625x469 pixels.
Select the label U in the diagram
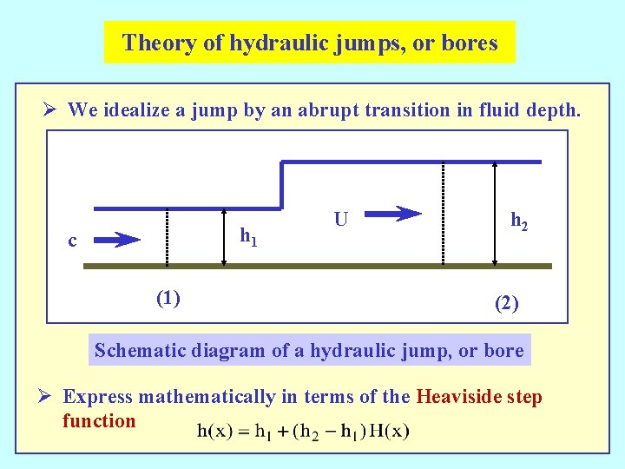tap(341, 221)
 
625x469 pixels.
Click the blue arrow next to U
tap(395, 214)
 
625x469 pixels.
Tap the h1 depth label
tap(248, 235)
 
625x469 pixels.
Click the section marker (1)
tap(168, 299)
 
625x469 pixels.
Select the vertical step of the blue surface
tap(280, 185)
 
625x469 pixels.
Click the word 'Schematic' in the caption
tap(137, 351)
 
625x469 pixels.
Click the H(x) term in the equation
tap(388, 431)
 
